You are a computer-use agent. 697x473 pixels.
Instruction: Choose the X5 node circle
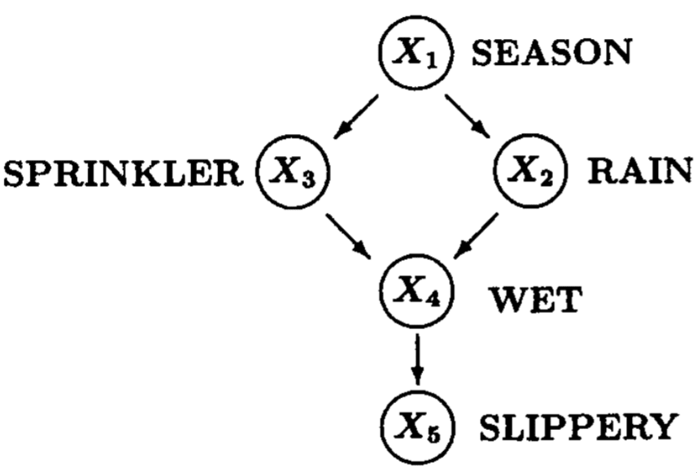[416, 424]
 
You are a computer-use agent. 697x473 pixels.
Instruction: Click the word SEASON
[551, 54]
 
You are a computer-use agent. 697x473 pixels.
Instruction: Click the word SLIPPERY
[574, 426]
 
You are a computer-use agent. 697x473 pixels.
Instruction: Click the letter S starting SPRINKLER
[15, 172]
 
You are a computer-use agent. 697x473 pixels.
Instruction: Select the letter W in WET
[507, 301]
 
